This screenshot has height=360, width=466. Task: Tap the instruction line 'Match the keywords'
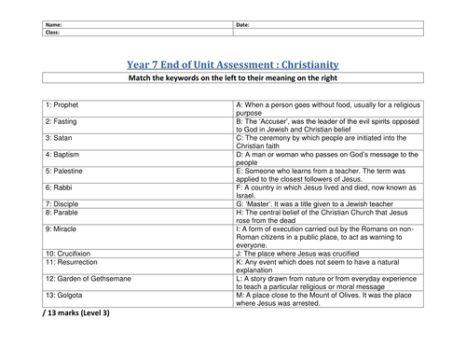click(x=233, y=82)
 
